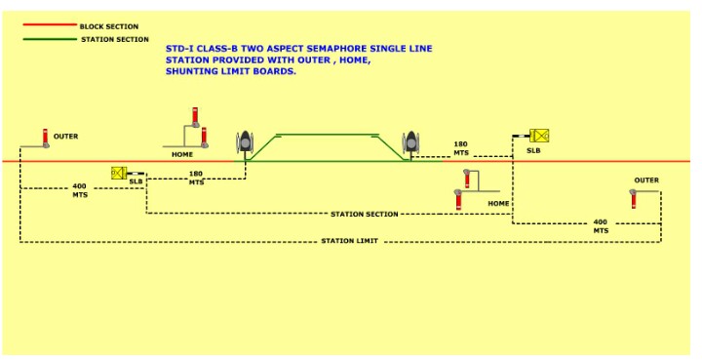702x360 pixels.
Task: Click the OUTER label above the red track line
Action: (x=65, y=137)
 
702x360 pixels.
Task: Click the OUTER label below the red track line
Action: (x=646, y=180)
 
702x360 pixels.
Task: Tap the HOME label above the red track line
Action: (x=182, y=154)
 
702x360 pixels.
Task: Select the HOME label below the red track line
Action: (x=498, y=203)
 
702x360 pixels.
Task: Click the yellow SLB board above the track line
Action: (x=538, y=136)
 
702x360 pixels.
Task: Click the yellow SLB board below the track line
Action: (x=118, y=173)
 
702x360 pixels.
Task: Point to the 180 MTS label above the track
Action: (x=461, y=148)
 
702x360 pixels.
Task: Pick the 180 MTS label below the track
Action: (x=196, y=178)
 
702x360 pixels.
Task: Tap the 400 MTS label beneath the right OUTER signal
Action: (x=600, y=225)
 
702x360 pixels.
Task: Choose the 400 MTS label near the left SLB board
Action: (x=79, y=190)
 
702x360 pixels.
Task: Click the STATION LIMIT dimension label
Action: (x=350, y=240)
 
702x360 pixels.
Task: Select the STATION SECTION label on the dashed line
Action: (x=364, y=214)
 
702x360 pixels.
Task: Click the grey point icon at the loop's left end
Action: (x=244, y=142)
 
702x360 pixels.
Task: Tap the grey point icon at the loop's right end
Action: (x=411, y=141)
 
